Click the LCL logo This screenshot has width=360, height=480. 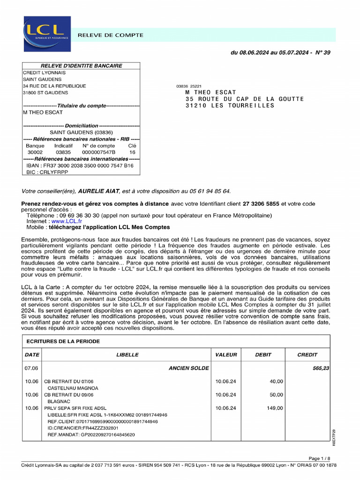click(47, 34)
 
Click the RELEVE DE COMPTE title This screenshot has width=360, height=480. click(110, 35)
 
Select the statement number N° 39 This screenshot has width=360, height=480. click(322, 52)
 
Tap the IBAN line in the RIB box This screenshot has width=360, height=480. click(80, 165)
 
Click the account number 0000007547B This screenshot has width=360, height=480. click(98, 152)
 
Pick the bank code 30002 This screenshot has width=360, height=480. click(35, 152)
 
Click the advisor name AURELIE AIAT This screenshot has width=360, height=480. click(99, 191)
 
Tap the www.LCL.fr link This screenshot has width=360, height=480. click(67, 221)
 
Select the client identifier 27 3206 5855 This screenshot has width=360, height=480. click(261, 204)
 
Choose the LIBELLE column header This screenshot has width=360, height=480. click(127, 355)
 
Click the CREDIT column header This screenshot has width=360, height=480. click(307, 355)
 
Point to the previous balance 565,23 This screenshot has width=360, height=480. click(321, 368)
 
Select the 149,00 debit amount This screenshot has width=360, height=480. click(274, 408)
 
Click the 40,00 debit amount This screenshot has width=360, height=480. click(276, 382)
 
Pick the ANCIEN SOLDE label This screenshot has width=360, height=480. click(188, 368)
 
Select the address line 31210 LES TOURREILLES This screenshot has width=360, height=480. click(230, 105)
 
